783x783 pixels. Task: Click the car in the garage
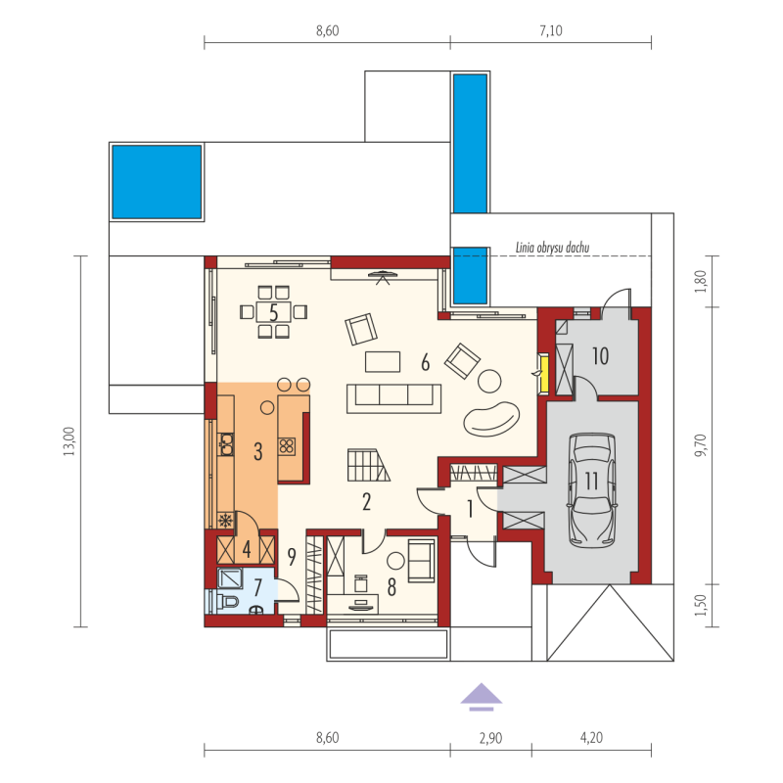[592, 490]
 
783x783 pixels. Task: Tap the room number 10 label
[600, 356]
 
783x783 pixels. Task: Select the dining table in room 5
[273, 312]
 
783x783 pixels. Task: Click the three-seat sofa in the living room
[394, 398]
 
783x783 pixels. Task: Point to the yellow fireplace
[543, 374]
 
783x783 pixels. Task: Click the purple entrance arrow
[481, 696]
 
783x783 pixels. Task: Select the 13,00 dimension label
[69, 441]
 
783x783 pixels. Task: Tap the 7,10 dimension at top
[551, 31]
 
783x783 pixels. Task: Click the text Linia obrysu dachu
[552, 248]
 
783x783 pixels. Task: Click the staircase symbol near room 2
[369, 465]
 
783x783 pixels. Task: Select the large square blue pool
[157, 182]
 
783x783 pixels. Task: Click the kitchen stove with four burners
[287, 446]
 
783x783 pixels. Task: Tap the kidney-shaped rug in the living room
[491, 418]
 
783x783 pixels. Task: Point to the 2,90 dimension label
[491, 738]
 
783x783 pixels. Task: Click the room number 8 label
[392, 588]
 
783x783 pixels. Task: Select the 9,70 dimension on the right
[701, 445]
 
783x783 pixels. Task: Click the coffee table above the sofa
[383, 362]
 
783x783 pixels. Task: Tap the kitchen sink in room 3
[226, 444]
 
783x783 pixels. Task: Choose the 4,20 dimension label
[591, 738]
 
